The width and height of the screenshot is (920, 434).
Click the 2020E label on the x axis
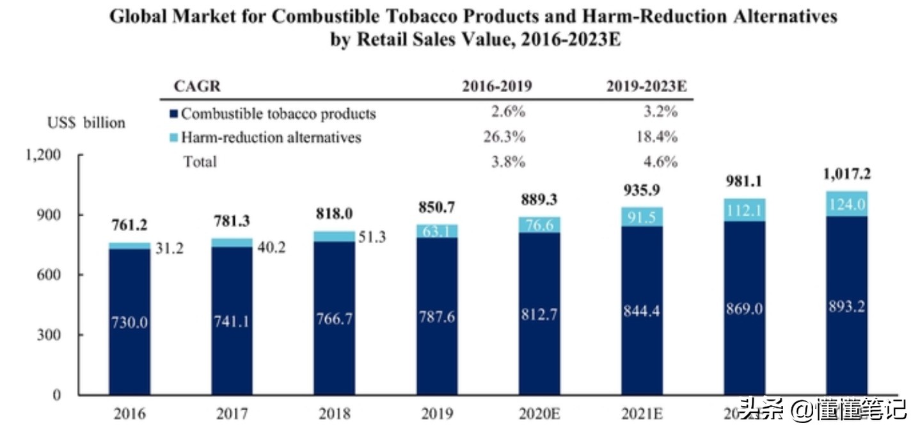point(539,414)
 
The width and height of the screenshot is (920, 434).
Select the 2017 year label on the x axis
point(232,414)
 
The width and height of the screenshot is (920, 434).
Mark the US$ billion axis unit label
point(86,122)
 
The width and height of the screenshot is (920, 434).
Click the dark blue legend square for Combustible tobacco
point(173,114)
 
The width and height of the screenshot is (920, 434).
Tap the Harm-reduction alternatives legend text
point(271,137)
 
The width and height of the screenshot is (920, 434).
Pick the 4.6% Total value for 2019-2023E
point(661,161)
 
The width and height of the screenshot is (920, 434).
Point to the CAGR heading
point(196,86)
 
